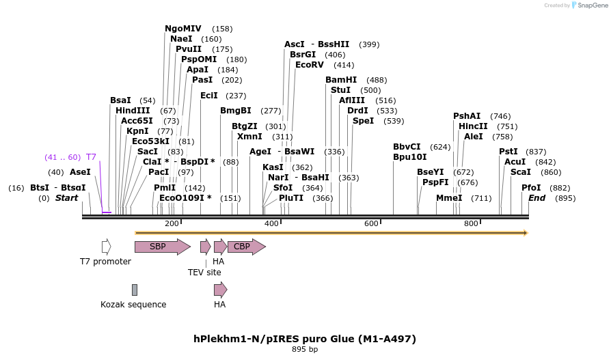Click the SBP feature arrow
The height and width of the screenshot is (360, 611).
click(161, 247)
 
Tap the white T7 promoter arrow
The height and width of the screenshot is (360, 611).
click(106, 247)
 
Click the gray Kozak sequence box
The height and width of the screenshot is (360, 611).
click(135, 290)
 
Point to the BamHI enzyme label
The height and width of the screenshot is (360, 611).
click(340, 80)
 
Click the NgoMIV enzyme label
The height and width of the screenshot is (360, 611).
click(183, 29)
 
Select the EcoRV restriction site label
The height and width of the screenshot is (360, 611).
click(310, 65)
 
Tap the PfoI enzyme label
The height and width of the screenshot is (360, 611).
click(531, 188)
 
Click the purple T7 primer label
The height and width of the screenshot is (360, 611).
click(91, 157)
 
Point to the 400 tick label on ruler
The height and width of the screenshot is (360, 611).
click(271, 224)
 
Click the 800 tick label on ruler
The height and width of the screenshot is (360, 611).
click(471, 224)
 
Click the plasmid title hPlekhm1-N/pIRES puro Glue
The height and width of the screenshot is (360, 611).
click(305, 339)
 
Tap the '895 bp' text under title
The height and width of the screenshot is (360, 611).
click(305, 350)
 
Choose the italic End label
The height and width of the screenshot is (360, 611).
click(537, 198)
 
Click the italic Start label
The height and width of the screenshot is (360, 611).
click(66, 198)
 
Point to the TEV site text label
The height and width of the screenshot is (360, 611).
click(204, 272)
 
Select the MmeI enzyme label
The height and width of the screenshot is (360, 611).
click(449, 198)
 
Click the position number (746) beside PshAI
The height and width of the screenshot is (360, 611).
click(500, 116)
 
